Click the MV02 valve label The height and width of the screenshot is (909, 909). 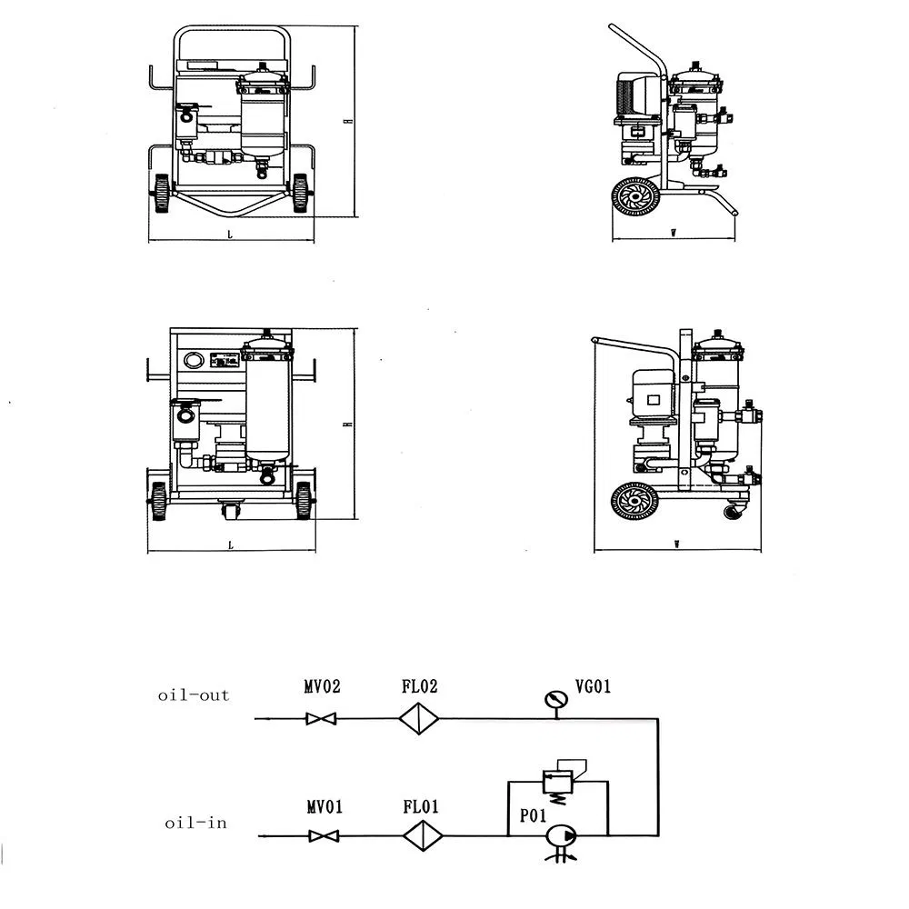point(322,687)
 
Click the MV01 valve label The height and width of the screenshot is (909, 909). point(322,805)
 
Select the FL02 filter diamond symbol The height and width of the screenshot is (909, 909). point(419,718)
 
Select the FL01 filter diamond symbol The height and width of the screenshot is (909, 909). point(419,834)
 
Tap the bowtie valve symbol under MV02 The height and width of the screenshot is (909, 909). point(320,719)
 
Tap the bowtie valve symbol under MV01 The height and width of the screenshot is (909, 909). point(320,835)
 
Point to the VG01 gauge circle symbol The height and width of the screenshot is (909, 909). point(556,699)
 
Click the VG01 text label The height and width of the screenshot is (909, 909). point(593,687)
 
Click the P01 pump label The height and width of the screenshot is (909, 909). point(533,815)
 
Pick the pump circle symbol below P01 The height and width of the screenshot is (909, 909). point(556,835)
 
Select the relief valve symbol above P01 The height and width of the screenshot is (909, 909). point(556,781)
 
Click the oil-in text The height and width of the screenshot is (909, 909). point(196,823)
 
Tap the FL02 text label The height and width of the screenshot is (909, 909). point(419,687)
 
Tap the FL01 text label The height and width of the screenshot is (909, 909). point(419,805)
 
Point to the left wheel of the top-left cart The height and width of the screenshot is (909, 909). point(162,193)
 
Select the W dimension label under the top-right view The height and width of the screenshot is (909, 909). point(673,234)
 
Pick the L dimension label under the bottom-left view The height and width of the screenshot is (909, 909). point(231,545)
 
